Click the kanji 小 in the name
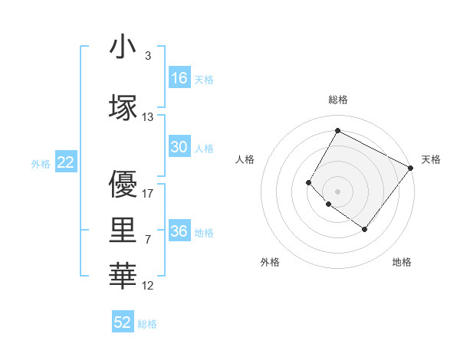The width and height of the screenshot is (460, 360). pyautogui.click(x=123, y=47)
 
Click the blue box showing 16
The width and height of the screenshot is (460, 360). pyautogui.click(x=179, y=78)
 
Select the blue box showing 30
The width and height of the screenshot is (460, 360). pyautogui.click(x=179, y=147)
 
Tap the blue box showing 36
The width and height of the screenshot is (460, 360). pyautogui.click(x=179, y=231)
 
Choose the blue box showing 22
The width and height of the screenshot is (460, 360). pyautogui.click(x=66, y=162)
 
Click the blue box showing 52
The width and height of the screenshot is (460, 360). pyautogui.click(x=123, y=322)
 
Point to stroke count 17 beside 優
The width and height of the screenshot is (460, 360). pyautogui.click(x=148, y=194)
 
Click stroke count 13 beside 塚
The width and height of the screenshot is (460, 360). pyautogui.click(x=148, y=117)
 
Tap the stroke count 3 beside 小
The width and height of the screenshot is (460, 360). pyautogui.click(x=147, y=56)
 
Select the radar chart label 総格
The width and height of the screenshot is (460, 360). pyautogui.click(x=337, y=100)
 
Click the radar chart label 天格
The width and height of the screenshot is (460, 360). pyautogui.click(x=431, y=159)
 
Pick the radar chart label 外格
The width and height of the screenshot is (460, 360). pyautogui.click(x=270, y=262)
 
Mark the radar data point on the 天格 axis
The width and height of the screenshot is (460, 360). pyautogui.click(x=411, y=168)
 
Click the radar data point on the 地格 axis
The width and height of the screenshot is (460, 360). pyautogui.click(x=364, y=229)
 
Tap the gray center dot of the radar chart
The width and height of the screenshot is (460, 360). pyautogui.click(x=337, y=191)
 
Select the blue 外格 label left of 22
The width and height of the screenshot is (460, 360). pyautogui.click(x=41, y=163)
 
